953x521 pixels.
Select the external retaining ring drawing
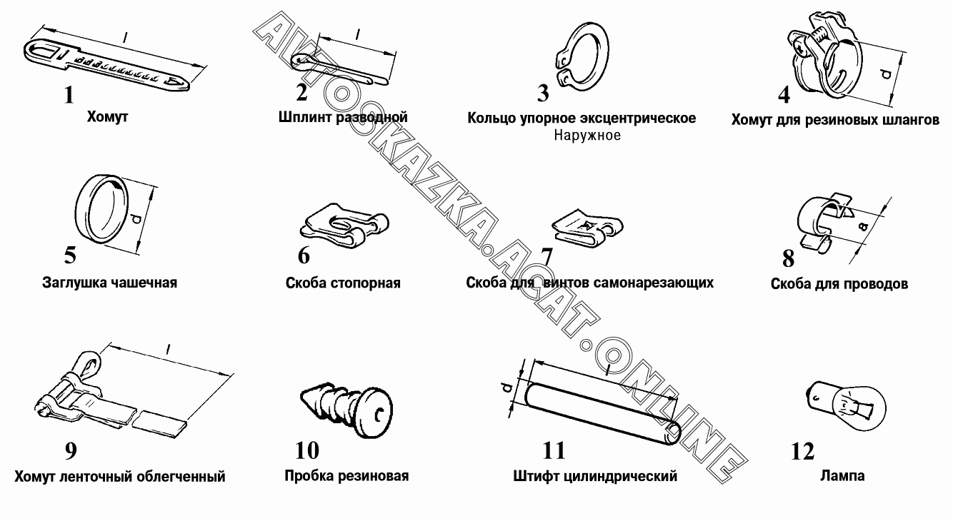(x=582, y=56)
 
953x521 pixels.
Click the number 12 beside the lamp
(x=802, y=451)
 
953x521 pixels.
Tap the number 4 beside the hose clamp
(x=784, y=94)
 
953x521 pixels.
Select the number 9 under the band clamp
(x=71, y=451)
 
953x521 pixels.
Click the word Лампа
(x=842, y=475)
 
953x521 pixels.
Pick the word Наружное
(x=587, y=136)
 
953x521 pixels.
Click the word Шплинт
(x=306, y=117)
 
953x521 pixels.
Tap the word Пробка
(x=310, y=476)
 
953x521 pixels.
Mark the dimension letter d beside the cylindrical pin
(x=507, y=388)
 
